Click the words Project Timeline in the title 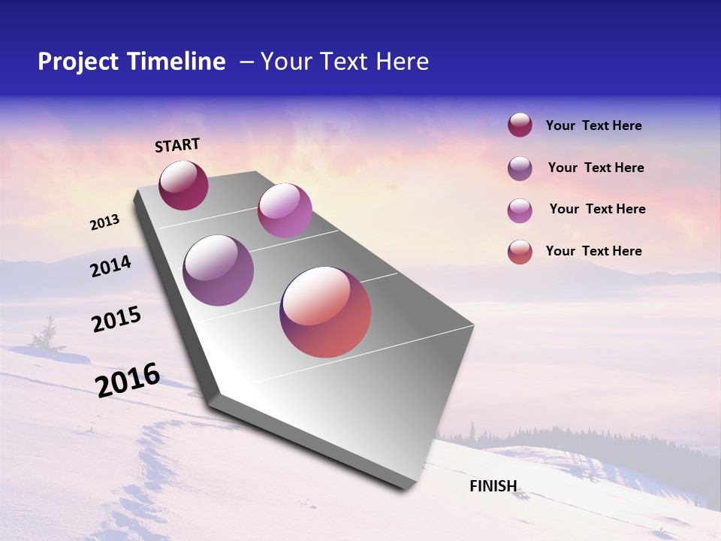pos(131,62)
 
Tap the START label pos(177,145)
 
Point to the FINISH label pos(493,486)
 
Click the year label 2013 pos(104,222)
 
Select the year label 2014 pos(110,266)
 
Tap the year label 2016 pos(128,380)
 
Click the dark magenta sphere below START pos(183,186)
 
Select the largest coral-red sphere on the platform pos(325,312)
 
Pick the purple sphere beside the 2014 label pos(219,270)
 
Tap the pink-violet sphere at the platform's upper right pos(285,210)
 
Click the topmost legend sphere pos(520,125)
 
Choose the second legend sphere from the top pos(520,168)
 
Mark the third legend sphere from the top pos(520,210)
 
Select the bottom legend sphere pos(520,252)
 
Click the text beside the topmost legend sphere pos(593,126)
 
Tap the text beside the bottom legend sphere pos(593,251)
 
